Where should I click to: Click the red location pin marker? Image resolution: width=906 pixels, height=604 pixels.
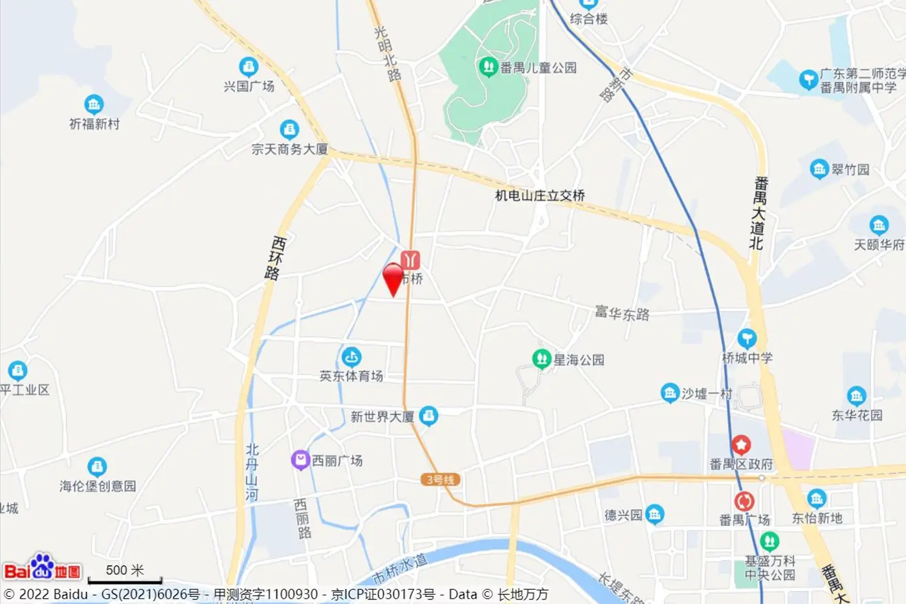pos(393,278)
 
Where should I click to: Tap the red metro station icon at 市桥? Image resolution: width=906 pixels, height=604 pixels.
pos(410,260)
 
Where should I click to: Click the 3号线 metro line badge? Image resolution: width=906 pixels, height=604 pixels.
pos(440,480)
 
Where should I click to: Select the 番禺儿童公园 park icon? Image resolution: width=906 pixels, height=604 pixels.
pos(487,67)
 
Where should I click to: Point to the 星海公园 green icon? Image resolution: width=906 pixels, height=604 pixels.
pos(541,359)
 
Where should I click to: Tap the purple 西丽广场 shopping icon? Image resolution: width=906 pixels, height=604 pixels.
pos(300,460)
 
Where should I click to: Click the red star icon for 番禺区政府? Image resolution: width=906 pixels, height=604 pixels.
pos(741,445)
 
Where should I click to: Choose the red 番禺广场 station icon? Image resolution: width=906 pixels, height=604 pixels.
pos(744,501)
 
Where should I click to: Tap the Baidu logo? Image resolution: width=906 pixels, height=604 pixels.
pos(42,568)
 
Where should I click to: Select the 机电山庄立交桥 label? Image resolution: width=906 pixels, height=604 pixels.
pos(540,195)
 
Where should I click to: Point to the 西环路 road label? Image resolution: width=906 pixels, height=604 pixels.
pos(275,257)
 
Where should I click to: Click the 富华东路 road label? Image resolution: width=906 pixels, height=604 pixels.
pos(622,314)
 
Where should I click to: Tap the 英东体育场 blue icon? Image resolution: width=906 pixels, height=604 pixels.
pos(351,357)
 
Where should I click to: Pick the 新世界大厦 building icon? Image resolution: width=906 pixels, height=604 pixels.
pos(428,416)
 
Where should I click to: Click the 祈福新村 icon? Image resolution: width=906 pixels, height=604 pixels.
pos(94,104)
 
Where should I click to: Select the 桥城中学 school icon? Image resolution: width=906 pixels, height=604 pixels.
pos(747,338)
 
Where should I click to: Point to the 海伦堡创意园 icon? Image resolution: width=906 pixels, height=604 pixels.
pos(97,466)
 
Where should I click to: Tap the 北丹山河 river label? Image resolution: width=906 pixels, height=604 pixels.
pos(252,472)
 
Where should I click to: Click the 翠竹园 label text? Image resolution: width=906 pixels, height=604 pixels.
pos(850,170)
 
